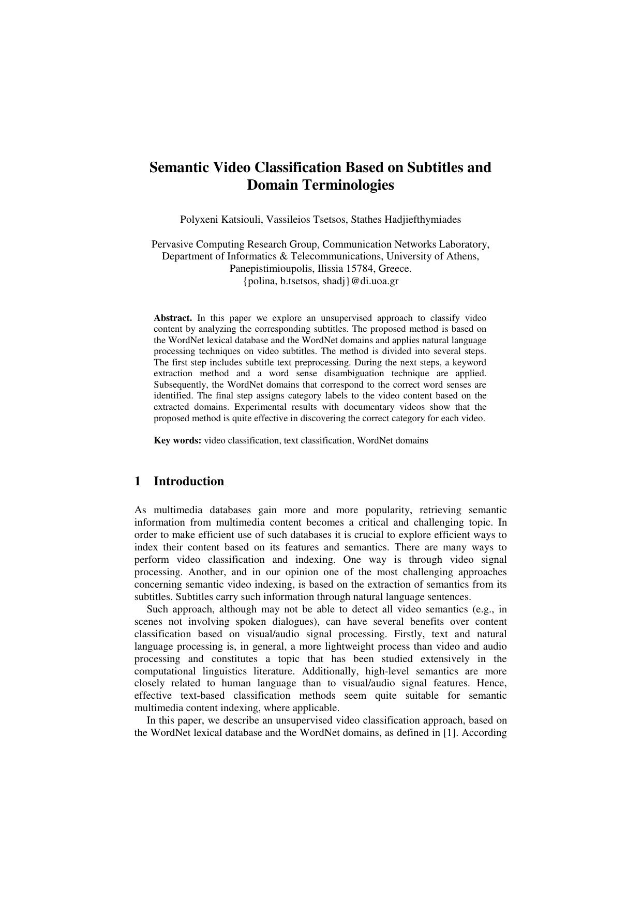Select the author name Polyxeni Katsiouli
221,219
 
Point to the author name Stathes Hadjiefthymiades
406,219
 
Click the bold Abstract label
173,318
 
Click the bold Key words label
177,441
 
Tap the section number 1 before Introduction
138,481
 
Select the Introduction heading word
189,481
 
